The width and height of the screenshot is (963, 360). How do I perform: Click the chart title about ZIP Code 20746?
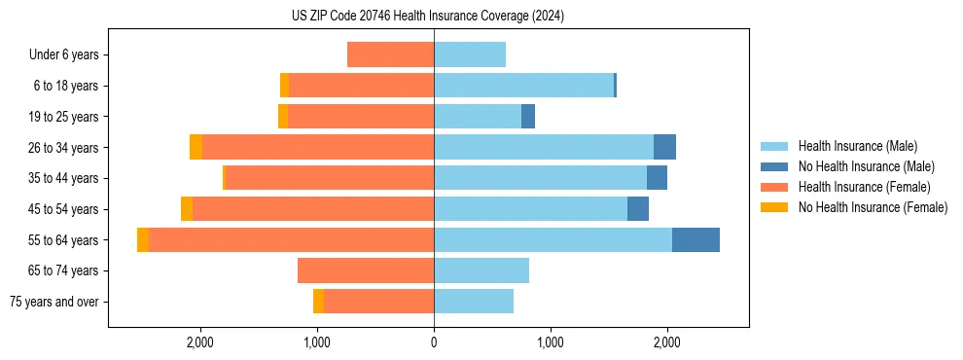pos(428,16)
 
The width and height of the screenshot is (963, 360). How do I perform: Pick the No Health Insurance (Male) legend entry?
pos(866,166)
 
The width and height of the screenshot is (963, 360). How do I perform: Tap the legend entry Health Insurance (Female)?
pos(864,187)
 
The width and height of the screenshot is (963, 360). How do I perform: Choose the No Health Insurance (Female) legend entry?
pos(873,207)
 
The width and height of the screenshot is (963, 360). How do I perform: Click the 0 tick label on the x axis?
pos(434,342)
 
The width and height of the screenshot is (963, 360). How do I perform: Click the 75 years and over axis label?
pos(54,302)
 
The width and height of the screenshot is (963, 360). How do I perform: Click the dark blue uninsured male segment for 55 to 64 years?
pos(695,239)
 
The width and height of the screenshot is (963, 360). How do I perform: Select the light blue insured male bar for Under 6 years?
pos(470,54)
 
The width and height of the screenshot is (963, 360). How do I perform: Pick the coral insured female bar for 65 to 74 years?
pos(366,270)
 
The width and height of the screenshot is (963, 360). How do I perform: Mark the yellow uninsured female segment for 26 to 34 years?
pos(196,147)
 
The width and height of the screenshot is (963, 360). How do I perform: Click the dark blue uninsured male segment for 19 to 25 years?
pos(528,116)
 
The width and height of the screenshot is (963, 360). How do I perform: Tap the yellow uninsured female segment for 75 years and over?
pos(318,302)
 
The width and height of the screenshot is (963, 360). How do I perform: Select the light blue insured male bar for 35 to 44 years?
pos(540,178)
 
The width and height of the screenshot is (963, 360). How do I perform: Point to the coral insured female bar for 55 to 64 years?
pos(292,239)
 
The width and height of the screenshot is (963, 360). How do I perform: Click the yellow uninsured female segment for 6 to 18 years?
pos(284,86)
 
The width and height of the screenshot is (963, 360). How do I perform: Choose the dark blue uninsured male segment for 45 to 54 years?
pos(638,208)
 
